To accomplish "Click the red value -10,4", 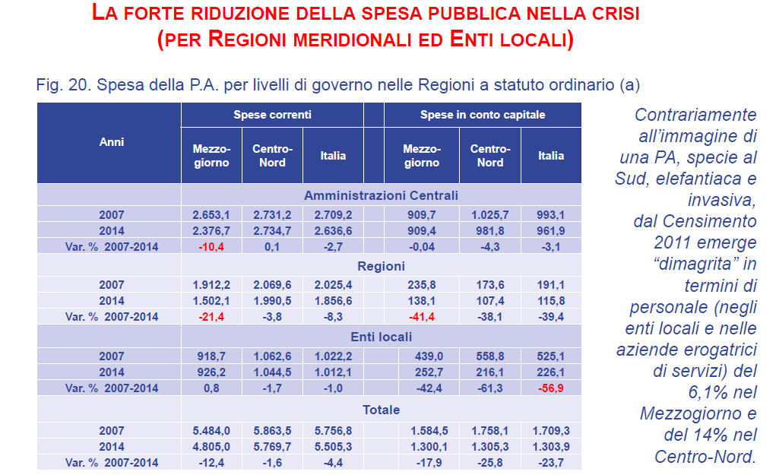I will point(211,246).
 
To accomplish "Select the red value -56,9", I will point(551,388).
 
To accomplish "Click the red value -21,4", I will point(211,317).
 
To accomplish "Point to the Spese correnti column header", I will point(272,115).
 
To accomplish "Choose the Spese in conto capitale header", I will point(483,115).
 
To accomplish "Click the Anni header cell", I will point(112,141).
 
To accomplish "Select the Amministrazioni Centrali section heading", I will point(381,195).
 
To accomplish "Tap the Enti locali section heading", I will point(381,337).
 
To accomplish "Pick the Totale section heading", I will point(381,410).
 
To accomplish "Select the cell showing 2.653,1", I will point(211,216).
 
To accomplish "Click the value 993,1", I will point(551,216).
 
